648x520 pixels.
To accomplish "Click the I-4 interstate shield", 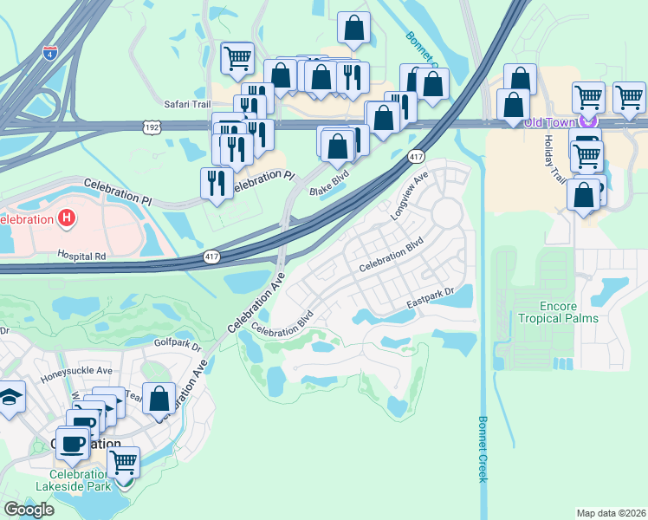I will [51, 52].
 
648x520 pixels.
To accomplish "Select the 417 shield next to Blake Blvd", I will [415, 156].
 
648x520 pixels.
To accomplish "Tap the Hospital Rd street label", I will [81, 257].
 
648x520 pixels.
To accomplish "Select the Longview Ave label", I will [410, 194].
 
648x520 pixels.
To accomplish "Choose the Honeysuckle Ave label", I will [76, 370].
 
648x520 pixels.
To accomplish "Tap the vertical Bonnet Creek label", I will [483, 448].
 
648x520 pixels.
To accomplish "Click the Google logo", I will [29, 509].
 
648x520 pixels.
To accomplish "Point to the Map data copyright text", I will [611, 513].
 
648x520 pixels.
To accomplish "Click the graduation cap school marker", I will [10, 397].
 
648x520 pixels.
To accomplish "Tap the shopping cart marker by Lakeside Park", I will [124, 462].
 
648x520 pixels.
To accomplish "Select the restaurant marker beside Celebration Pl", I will [217, 183].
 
